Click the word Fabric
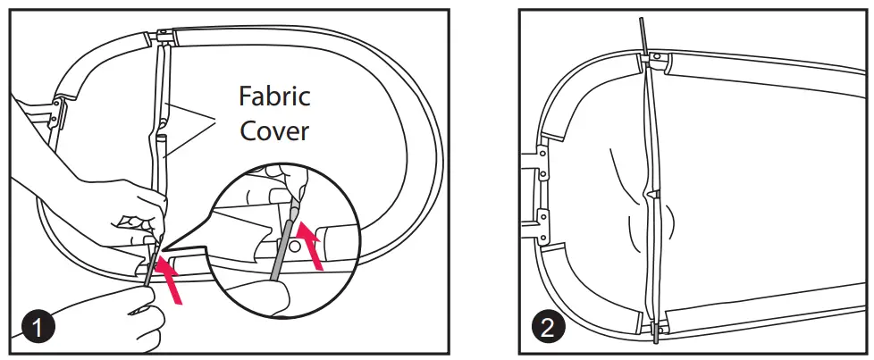coord(274,96)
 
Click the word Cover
coord(273,131)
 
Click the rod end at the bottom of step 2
coord(657,335)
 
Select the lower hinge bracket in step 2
coord(541,222)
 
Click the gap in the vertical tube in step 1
coord(162,132)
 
